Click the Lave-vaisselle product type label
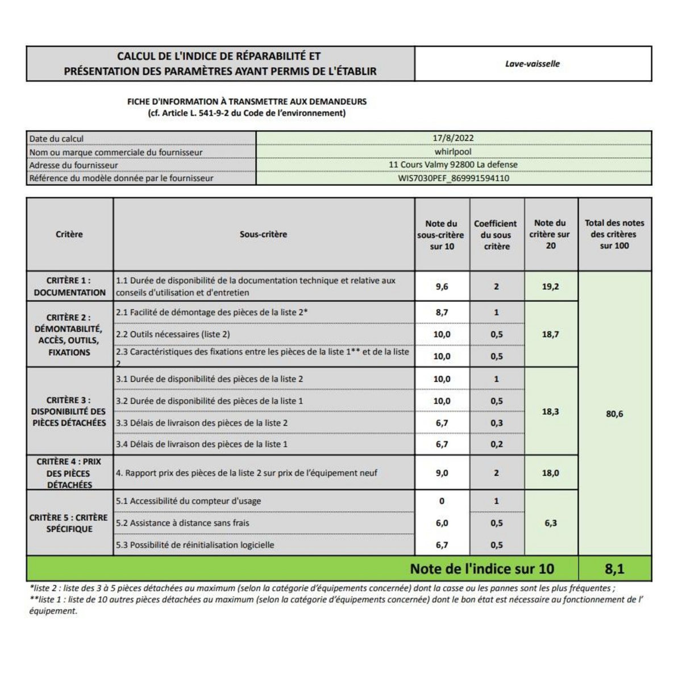[533, 64]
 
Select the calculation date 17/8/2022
[453, 138]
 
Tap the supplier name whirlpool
[453, 152]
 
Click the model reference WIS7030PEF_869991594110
[453, 178]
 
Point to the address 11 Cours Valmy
[453, 165]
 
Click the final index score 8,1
[614, 569]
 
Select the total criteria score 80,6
[614, 414]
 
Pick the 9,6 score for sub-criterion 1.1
[442, 286]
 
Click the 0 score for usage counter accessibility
[442, 501]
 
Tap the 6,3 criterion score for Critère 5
[550, 523]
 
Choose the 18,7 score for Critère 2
[550, 334]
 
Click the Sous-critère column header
[263, 234]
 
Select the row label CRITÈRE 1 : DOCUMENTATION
[69, 286]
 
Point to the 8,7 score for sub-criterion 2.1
[442, 313]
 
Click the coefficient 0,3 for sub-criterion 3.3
[496, 423]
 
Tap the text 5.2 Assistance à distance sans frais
[182, 523]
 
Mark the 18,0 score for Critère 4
[550, 473]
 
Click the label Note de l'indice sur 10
[482, 569]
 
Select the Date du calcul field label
[56, 139]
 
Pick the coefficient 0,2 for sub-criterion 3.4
[496, 444]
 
